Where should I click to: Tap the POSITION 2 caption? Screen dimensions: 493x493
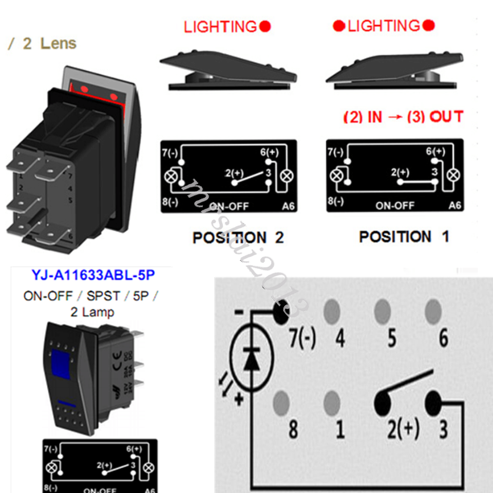[238, 238]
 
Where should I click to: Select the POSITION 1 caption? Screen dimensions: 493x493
[404, 237]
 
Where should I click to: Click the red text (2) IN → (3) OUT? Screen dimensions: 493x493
[403, 117]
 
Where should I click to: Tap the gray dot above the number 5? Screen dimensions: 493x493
[382, 310]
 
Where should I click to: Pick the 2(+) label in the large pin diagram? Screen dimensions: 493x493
[403, 429]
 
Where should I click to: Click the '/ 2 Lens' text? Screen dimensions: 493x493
[42, 44]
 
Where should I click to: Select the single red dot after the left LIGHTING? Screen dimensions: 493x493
[266, 26]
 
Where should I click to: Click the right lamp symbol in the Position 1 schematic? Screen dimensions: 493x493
[452, 175]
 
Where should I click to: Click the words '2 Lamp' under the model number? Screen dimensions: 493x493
[92, 312]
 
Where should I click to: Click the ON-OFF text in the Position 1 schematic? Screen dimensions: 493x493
[394, 205]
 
